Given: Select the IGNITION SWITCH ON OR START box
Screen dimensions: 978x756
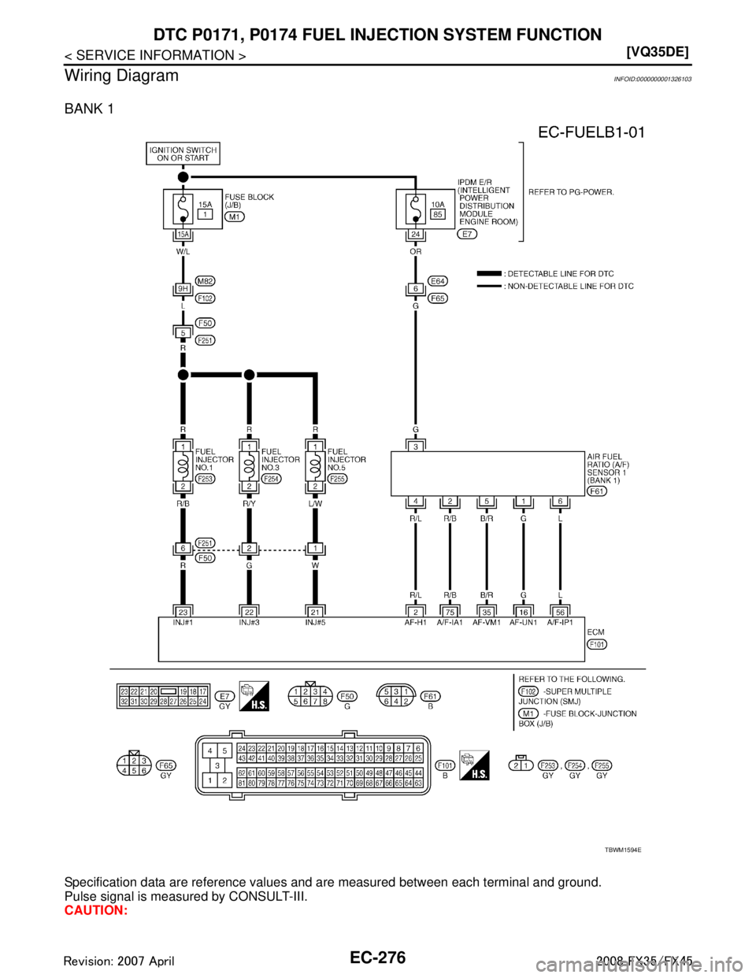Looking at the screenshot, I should pos(182,153).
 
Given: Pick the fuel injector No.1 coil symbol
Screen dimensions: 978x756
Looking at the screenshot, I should pos(182,464).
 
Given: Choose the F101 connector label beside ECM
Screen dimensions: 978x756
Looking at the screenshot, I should pos(598,643).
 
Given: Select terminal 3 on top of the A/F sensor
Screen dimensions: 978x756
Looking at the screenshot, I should pos(414,446).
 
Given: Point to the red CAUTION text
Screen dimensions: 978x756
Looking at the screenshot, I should pos(94,910).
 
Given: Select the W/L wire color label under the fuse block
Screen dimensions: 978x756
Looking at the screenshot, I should pos(182,253).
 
